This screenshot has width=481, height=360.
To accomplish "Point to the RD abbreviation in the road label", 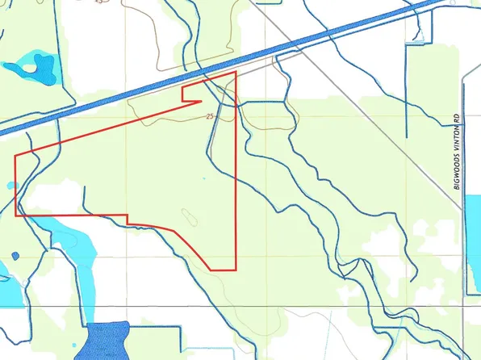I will click(x=456, y=118).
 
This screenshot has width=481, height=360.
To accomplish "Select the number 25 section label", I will click(x=211, y=117).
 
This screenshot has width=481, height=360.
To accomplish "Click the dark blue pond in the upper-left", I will click(x=32, y=68).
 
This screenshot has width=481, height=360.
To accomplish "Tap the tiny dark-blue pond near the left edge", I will click(x=14, y=257).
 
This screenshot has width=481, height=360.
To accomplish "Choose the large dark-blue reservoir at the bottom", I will click(x=107, y=340).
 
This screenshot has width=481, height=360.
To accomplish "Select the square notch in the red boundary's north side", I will click(x=192, y=94).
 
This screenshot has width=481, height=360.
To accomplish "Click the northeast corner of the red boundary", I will click(x=236, y=72).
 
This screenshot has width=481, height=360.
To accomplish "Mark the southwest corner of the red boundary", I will click(x=16, y=216).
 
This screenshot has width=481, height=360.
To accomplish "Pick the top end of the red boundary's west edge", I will click(x=16, y=155).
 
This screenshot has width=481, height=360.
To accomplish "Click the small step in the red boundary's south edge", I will click(x=128, y=219).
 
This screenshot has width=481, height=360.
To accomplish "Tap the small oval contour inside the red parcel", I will click(x=190, y=217).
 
